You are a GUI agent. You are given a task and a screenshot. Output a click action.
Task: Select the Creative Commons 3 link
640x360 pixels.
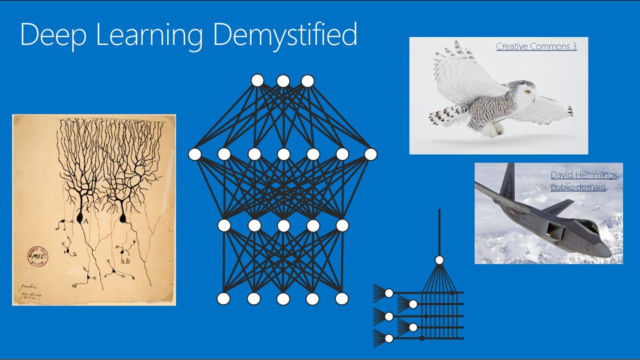tap(536, 46)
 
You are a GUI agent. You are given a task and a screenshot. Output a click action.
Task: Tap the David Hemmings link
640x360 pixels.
tap(584, 175)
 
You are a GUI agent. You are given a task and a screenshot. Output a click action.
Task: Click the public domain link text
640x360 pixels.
tap(578, 187)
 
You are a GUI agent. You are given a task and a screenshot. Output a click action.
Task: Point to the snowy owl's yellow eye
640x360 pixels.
tap(526, 91)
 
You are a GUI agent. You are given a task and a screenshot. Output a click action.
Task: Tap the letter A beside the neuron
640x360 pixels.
tap(86, 220)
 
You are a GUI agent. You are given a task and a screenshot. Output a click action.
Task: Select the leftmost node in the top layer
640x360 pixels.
tap(257, 80)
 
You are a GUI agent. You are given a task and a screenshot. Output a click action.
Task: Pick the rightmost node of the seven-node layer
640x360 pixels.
tap(370, 154)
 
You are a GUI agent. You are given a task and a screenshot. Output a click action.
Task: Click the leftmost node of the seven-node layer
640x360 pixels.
tap(194, 154)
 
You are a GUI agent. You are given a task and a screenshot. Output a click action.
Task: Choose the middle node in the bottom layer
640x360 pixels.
tap(283, 299)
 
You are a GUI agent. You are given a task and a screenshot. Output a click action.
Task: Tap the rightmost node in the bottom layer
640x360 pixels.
tap(341, 299)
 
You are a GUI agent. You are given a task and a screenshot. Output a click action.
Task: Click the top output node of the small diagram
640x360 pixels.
tap(439, 260)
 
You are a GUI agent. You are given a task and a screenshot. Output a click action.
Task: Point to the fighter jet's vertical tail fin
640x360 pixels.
tap(508, 180)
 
